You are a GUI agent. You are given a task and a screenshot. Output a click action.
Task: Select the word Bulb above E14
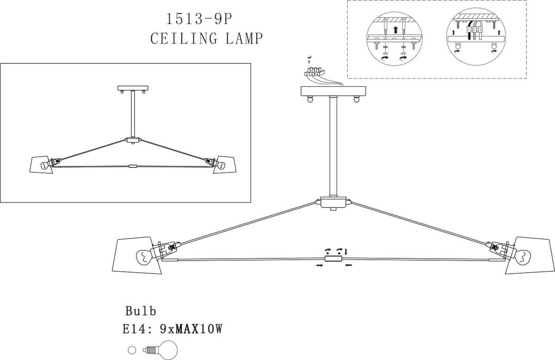tap(141, 310)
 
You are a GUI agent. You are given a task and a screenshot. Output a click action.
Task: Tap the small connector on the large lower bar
tap(333, 259)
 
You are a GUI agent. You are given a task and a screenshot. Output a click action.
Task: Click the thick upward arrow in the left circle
tap(394, 30)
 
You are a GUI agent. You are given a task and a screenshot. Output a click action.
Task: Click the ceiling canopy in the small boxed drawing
tap(133, 88)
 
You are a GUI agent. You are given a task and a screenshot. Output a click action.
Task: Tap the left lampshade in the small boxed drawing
tap(41, 165)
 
